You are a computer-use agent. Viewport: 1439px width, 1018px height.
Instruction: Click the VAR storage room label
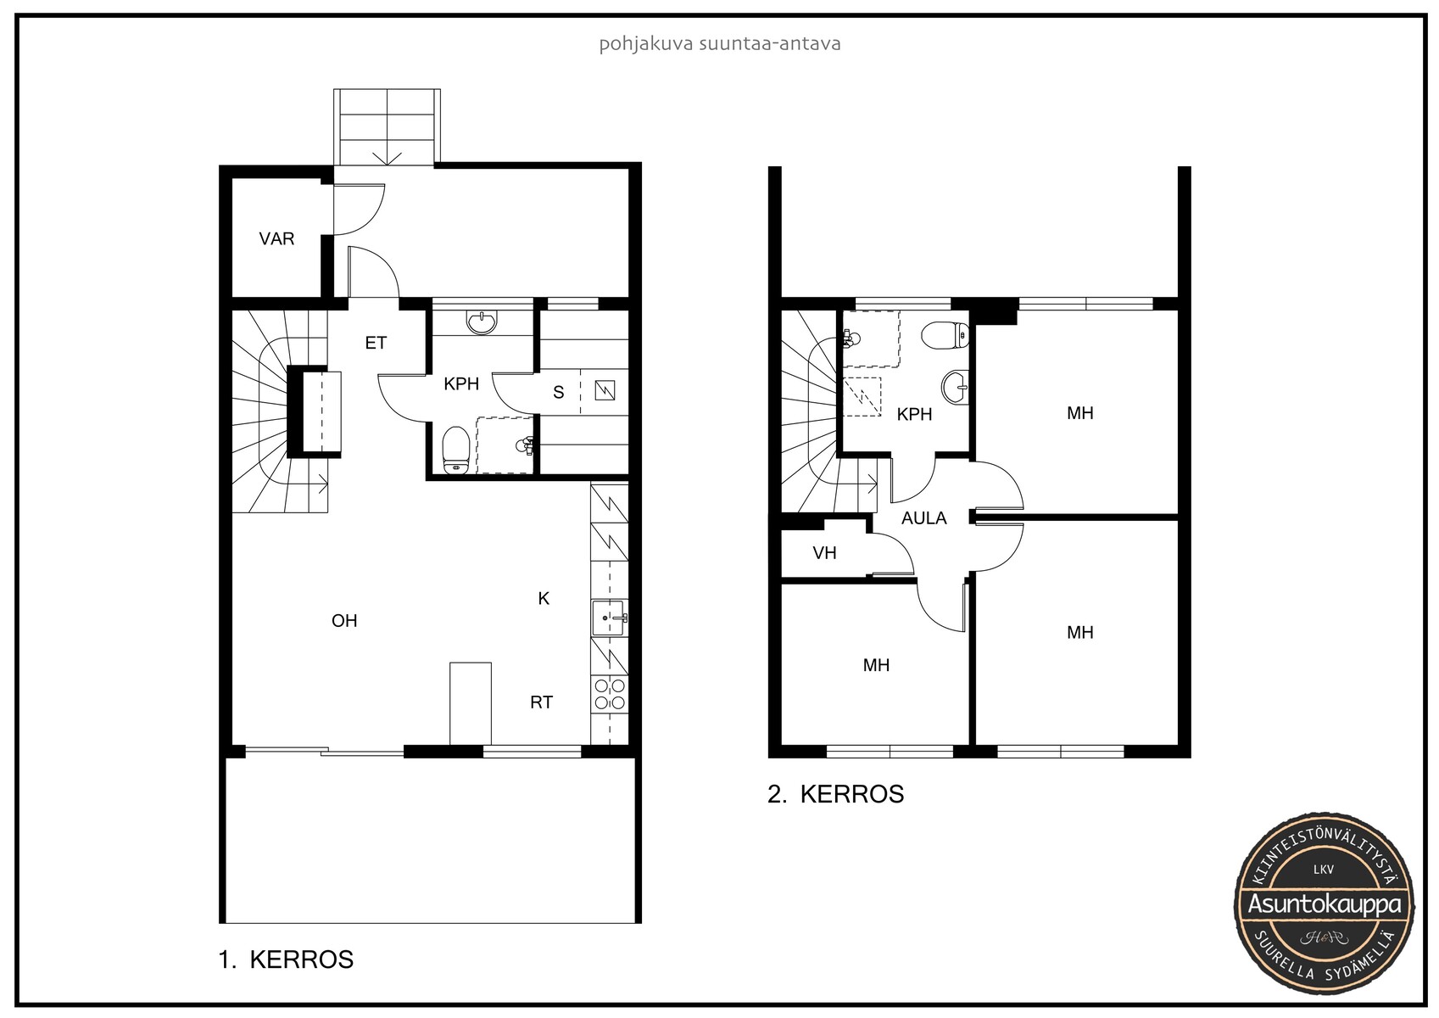(x=276, y=239)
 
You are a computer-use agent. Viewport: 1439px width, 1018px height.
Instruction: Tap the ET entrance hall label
(x=376, y=344)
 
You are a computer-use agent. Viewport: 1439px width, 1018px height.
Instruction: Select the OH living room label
(x=344, y=621)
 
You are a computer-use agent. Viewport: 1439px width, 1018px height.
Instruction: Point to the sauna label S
(x=558, y=392)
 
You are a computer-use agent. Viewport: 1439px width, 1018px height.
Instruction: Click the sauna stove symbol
(x=605, y=390)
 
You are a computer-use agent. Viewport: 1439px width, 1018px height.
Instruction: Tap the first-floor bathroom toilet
(x=455, y=450)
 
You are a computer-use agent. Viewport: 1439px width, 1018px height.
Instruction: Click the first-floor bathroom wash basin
(x=482, y=322)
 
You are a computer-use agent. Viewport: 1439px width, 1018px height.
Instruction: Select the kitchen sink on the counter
(x=608, y=618)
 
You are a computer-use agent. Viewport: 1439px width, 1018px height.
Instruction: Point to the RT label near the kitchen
(x=542, y=702)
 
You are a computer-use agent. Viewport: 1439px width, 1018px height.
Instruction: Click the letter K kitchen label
(x=544, y=599)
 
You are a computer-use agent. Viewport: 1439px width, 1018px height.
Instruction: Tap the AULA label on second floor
(x=923, y=518)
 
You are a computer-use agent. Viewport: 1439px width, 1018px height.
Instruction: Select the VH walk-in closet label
(x=824, y=553)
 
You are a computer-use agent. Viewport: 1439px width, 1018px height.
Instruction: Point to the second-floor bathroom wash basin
(x=956, y=388)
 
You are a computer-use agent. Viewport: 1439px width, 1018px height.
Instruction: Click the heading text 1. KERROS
(x=286, y=959)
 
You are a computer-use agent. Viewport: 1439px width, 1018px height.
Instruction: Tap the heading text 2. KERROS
(x=836, y=794)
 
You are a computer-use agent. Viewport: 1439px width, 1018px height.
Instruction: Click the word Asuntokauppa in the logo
(x=1324, y=904)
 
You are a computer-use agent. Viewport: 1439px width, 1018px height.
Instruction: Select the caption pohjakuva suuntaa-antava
(x=719, y=44)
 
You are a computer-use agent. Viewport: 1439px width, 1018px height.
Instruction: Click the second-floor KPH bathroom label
(x=914, y=415)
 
